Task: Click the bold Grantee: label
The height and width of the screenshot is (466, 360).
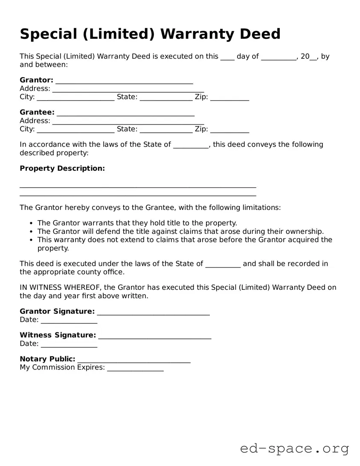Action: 37,112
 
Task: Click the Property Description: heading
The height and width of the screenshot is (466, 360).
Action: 62,169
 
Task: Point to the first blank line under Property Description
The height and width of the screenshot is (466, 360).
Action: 138,187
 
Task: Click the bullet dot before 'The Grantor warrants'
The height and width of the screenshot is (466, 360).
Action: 31,223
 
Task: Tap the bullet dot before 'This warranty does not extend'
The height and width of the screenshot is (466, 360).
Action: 31,240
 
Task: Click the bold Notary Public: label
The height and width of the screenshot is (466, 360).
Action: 47,359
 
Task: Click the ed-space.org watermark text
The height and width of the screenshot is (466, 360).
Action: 294,449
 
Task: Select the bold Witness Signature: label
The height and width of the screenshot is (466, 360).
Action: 58,335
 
